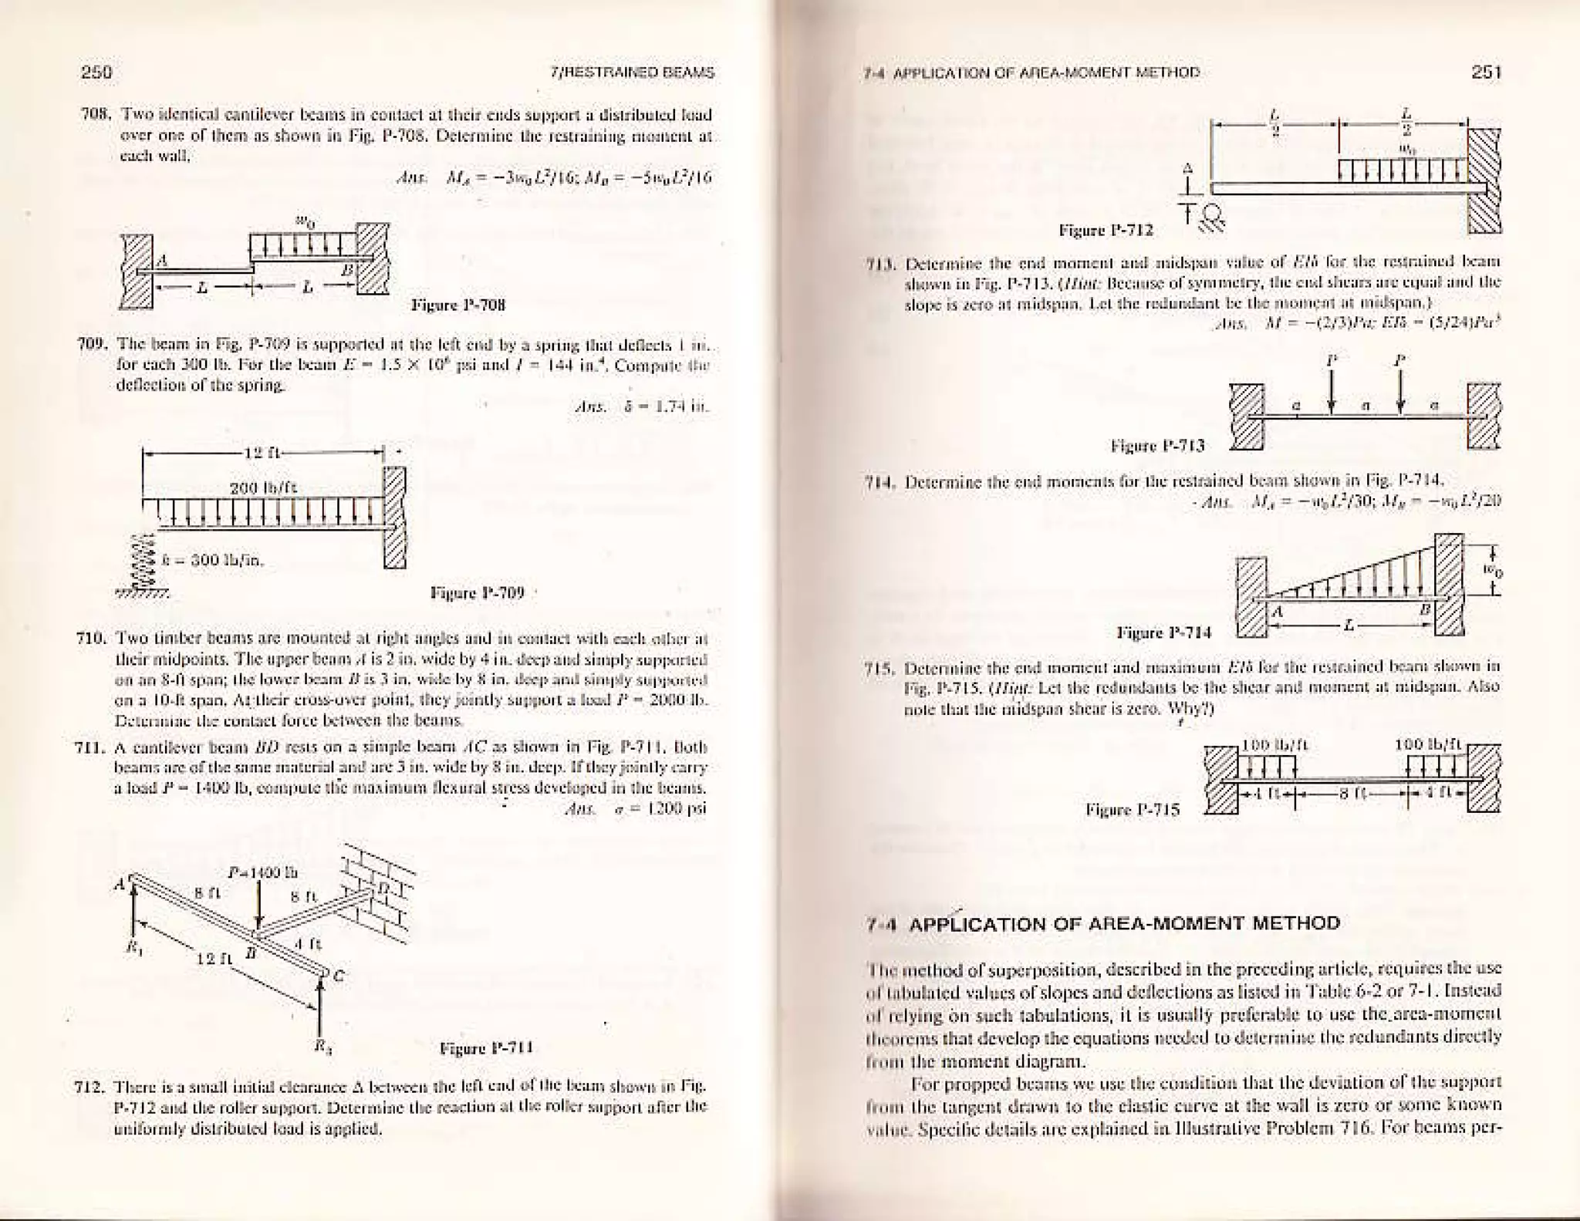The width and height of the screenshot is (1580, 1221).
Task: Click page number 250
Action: (96, 73)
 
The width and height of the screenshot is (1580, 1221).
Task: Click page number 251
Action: (1486, 72)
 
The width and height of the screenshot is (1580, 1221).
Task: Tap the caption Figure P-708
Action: (457, 305)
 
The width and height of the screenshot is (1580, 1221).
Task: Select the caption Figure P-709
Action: (477, 592)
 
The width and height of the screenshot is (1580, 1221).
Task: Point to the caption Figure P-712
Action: (1106, 230)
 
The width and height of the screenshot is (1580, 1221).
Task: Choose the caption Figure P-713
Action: (1157, 445)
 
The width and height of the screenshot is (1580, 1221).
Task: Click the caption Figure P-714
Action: (1164, 632)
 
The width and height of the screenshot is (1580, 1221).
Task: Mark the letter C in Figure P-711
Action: (339, 975)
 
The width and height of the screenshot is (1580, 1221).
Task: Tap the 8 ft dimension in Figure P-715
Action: (1355, 794)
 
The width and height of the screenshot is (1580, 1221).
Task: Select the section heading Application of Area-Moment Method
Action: (1124, 924)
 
